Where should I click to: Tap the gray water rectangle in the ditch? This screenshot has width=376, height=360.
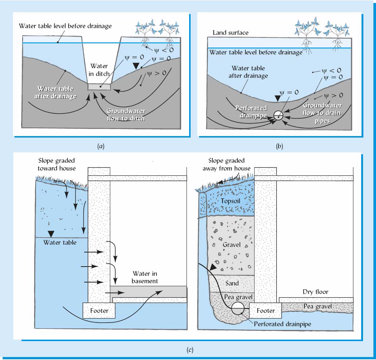tap(99, 86)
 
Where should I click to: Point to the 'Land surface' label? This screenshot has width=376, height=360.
tap(230, 33)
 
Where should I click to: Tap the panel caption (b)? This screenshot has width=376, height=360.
tap(280, 146)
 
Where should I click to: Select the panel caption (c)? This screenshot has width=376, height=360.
tap(190, 349)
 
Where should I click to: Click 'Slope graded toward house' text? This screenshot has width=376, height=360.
tap(57, 164)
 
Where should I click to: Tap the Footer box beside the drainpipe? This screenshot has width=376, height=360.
tap(265, 310)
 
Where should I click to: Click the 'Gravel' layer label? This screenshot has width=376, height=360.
tap(232, 245)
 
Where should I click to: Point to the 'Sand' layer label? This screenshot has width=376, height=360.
tap(232, 283)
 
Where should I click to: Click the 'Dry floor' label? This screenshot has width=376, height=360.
tap(316, 292)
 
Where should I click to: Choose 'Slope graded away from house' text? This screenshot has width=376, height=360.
tap(226, 164)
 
